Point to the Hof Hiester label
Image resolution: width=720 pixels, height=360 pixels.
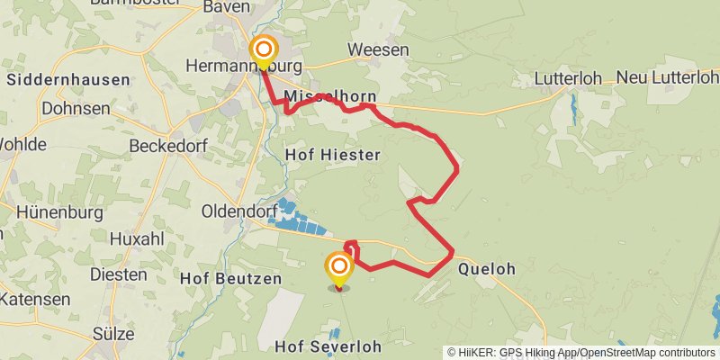[x=332, y=155]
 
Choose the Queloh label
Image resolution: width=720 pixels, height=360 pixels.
[x=488, y=268]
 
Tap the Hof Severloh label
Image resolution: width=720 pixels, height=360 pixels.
[x=328, y=346]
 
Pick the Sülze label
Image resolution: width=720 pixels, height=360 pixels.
[x=113, y=334]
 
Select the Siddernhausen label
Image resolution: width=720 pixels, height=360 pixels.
[x=67, y=79]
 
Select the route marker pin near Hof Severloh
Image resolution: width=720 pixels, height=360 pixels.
[x=339, y=268]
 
